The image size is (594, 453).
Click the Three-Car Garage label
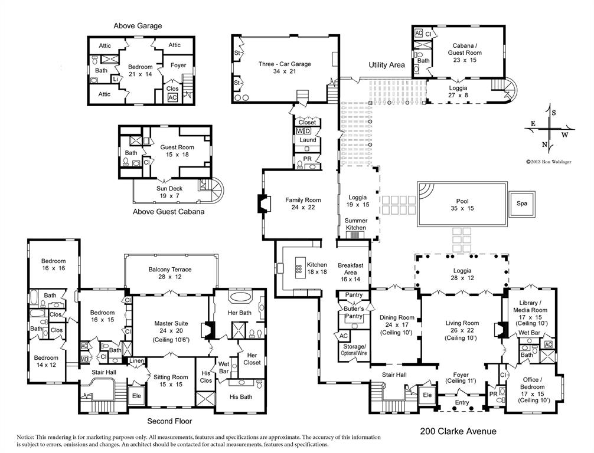click(284, 68)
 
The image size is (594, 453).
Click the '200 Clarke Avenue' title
click(458, 432)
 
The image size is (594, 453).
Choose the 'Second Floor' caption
click(169, 421)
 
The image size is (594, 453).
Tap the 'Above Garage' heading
click(138, 25)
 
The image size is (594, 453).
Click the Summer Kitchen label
click(355, 224)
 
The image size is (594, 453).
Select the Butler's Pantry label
click(354, 313)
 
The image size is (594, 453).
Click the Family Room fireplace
click(262, 203)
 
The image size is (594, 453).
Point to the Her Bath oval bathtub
click(240, 297)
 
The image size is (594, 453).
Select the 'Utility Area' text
click(387, 65)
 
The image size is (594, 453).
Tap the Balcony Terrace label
click(169, 273)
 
